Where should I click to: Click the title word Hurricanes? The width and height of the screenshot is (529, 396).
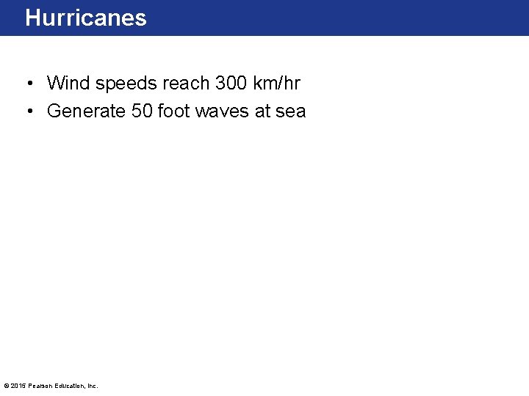point(86,18)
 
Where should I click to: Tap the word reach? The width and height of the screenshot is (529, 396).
point(186,83)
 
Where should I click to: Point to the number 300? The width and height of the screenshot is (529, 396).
point(231,83)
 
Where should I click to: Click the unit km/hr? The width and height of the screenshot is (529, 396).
point(276,83)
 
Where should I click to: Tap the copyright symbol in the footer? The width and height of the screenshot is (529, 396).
point(7,386)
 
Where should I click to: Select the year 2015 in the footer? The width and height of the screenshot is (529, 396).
point(17,386)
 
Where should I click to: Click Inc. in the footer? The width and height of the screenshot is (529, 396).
point(91,386)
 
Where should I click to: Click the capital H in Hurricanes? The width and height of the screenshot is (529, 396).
point(32,18)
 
